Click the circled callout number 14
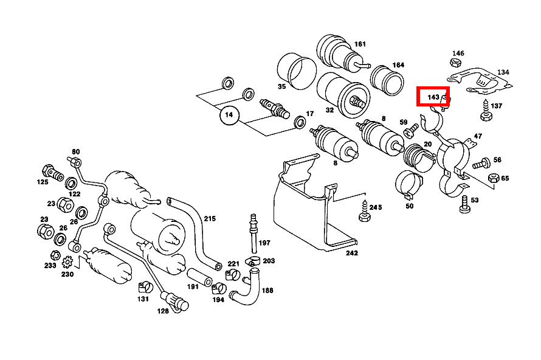point(229,114)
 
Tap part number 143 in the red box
point(433,97)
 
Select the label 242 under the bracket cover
point(352,253)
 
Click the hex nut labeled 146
point(456,63)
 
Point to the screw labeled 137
point(486,111)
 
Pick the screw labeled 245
point(365,211)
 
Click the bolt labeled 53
point(465,204)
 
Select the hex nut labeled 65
point(494,178)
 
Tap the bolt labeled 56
point(481,163)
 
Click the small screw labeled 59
point(411,131)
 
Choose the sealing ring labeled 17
point(300,122)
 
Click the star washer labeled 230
point(67,262)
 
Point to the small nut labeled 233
point(55,255)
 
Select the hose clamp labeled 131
point(145,287)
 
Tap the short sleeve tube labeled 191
point(199,277)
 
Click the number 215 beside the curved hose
point(210,219)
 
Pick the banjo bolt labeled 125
point(52,173)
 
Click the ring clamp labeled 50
point(409,184)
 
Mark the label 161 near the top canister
point(360,44)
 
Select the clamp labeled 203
point(253,261)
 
